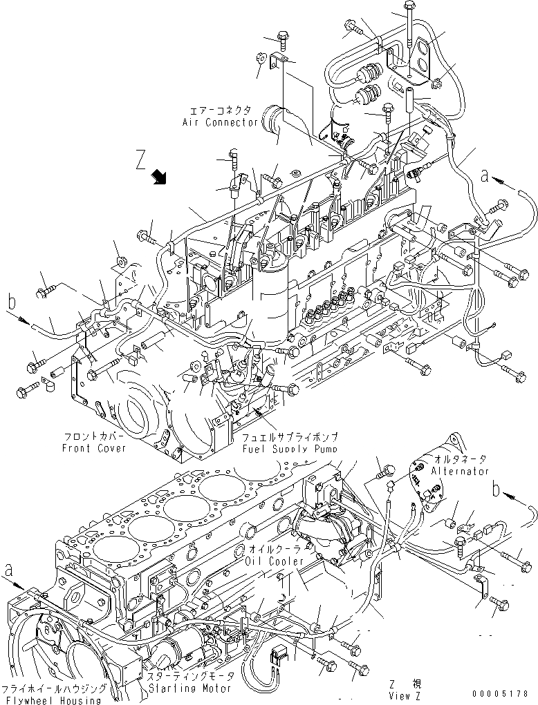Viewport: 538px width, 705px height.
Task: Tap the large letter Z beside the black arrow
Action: coord(140,162)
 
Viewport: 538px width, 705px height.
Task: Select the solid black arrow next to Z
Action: coord(161,178)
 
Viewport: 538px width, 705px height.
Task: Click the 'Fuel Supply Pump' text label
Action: coord(289,448)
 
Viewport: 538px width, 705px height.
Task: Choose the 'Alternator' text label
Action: coord(460,471)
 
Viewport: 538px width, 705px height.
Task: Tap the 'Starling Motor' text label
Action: coord(188,688)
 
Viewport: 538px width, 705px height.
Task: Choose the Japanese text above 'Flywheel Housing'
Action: coord(54,688)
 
